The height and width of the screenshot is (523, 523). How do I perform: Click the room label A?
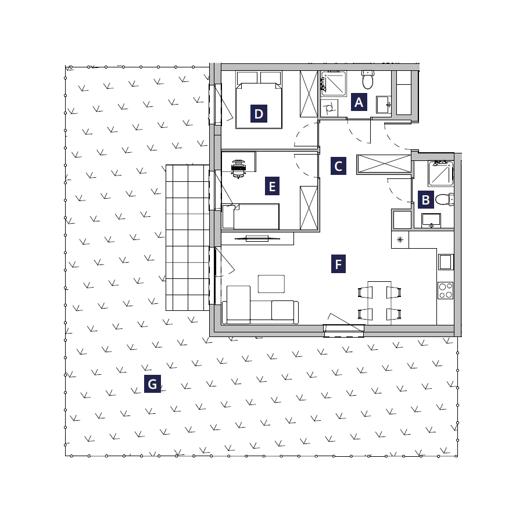pyautogui.click(x=359, y=102)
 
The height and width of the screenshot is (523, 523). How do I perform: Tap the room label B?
pyautogui.click(x=425, y=200)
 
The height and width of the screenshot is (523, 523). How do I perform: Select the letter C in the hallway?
pyautogui.click(x=338, y=166)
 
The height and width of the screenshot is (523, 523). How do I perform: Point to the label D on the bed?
pyautogui.click(x=259, y=114)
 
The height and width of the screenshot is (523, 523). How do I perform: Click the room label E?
pyautogui.click(x=272, y=186)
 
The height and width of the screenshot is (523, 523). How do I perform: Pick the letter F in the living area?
pyautogui.click(x=338, y=264)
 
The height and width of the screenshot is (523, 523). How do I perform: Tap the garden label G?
pyautogui.click(x=152, y=384)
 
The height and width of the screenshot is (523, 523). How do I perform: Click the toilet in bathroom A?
pyautogui.click(x=368, y=80)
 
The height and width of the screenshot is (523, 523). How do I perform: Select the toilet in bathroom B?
pyautogui.click(x=445, y=199)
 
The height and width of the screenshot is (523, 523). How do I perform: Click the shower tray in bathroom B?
pyautogui.click(x=440, y=173)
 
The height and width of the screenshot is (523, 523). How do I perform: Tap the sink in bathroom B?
pyautogui.click(x=431, y=221)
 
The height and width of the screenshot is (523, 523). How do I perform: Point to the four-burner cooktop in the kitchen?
pyautogui.click(x=445, y=291)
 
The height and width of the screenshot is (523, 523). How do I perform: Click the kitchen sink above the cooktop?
pyautogui.click(x=445, y=262)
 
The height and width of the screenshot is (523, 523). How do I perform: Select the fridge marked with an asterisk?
pyautogui.click(x=400, y=240)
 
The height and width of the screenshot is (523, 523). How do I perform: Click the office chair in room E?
pyautogui.click(x=238, y=169)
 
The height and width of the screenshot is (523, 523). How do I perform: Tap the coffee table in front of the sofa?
pyautogui.click(x=271, y=284)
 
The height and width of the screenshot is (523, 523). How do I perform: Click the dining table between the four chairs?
pyautogui.click(x=379, y=303)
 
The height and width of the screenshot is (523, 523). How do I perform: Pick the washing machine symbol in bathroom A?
pyautogui.click(x=329, y=108)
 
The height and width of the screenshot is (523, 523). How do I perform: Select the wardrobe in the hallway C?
pyautogui.click(x=384, y=164)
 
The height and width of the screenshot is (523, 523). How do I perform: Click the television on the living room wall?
pyautogui.click(x=257, y=238)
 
